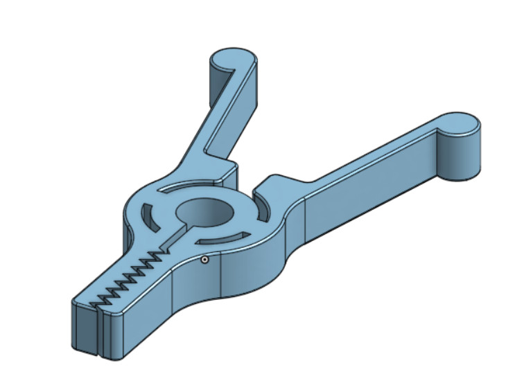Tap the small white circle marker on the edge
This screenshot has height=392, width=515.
[x=205, y=260]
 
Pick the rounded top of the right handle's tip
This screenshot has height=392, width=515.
[x=460, y=123]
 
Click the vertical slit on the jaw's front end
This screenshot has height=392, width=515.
[x=98, y=332]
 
